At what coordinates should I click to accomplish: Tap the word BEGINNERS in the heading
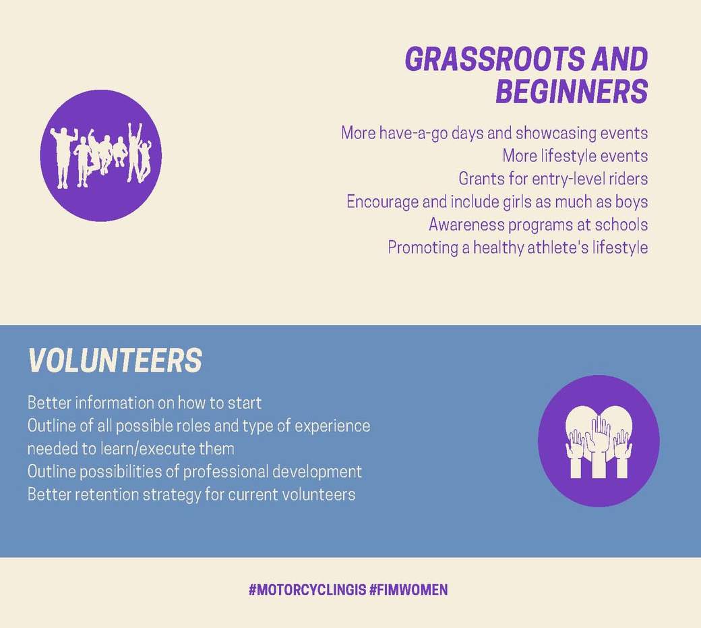(x=572, y=91)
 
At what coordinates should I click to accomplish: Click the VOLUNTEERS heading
(x=115, y=360)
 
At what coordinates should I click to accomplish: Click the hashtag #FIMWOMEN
(x=408, y=589)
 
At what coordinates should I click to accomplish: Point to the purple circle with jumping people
(x=101, y=156)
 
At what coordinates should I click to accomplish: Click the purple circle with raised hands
(x=599, y=441)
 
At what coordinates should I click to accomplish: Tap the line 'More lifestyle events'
(x=575, y=156)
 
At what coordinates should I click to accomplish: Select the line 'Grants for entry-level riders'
(x=553, y=179)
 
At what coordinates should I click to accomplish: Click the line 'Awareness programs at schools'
(x=539, y=224)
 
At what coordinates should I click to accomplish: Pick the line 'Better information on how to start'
(x=144, y=403)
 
